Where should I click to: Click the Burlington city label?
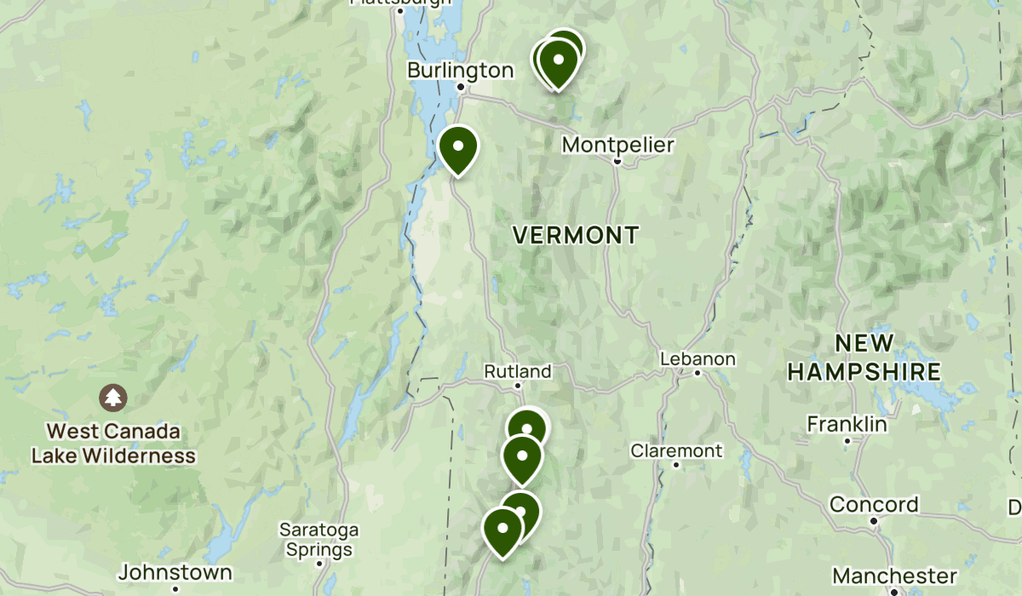460,70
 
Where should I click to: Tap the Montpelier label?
617,146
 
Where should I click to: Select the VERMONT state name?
576,236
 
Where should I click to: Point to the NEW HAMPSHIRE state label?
864,358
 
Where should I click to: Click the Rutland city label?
517,371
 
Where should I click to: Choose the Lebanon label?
697,359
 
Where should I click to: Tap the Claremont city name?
676,450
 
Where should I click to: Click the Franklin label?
847,424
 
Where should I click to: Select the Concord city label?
874,504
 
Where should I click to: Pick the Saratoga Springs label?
319,540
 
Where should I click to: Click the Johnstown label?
175,572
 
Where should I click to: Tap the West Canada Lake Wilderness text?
113,444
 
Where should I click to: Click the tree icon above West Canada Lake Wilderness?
112,397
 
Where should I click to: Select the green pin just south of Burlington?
458,148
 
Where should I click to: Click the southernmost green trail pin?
502,529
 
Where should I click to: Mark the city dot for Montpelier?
617,160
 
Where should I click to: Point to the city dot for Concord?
874,520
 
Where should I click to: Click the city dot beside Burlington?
460,87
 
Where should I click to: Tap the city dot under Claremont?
676,465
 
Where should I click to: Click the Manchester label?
894,576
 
